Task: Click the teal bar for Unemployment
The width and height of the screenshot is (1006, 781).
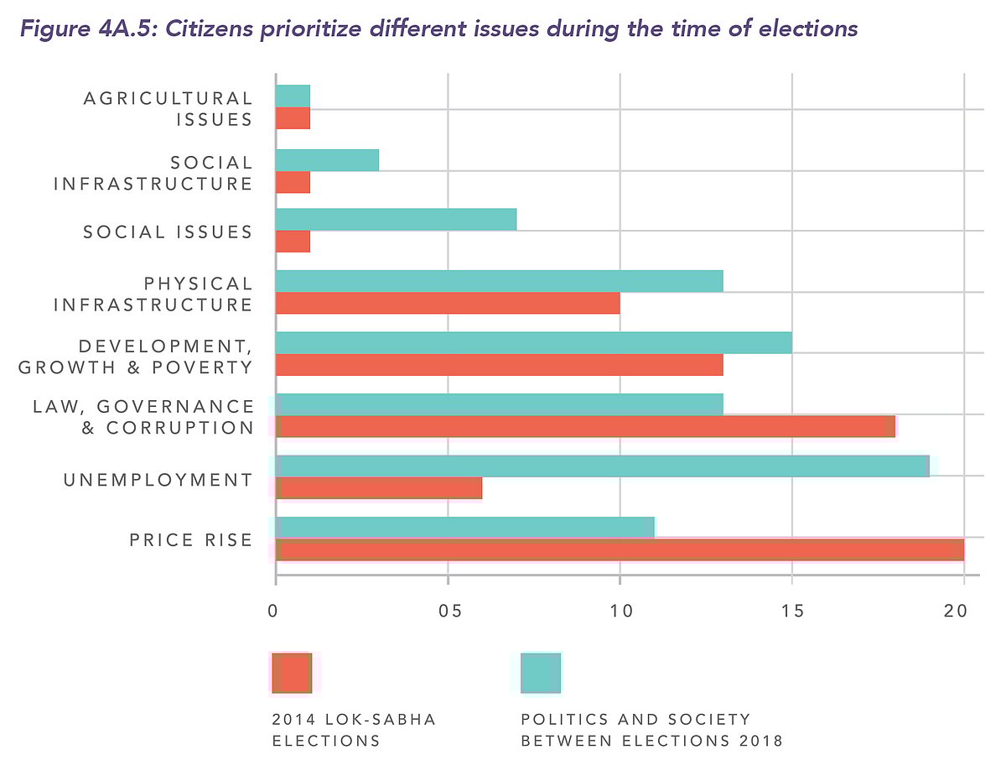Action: pyautogui.click(x=602, y=466)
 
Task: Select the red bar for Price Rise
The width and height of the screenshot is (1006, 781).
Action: pyautogui.click(x=620, y=550)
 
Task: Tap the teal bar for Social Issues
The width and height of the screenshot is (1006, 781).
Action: pyautogui.click(x=396, y=219)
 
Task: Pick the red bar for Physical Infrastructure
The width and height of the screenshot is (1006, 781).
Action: pyautogui.click(x=448, y=303)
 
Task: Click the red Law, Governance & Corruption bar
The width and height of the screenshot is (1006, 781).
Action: pyautogui.click(x=585, y=426)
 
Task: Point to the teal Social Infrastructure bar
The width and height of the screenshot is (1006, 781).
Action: pyautogui.click(x=327, y=159)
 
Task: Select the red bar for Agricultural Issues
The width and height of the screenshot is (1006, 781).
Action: pyautogui.click(x=293, y=118)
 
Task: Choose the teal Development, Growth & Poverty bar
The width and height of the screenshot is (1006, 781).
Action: pyautogui.click(x=533, y=342)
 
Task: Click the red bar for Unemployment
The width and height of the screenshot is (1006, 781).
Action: pyautogui.click(x=379, y=488)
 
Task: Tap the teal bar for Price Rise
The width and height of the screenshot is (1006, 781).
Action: pyautogui.click(x=464, y=527)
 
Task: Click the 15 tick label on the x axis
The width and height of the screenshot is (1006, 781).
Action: pyautogui.click(x=792, y=612)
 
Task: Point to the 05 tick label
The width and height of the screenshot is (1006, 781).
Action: pyautogui.click(x=448, y=612)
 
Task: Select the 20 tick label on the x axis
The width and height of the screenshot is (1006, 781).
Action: pyautogui.click(x=955, y=612)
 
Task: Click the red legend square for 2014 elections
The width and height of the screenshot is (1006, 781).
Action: pyautogui.click(x=292, y=673)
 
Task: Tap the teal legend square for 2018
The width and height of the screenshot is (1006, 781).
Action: pyautogui.click(x=541, y=673)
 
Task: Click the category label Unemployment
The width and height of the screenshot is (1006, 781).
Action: pyautogui.click(x=158, y=480)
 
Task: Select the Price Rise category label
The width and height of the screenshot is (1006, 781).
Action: pyautogui.click(x=190, y=539)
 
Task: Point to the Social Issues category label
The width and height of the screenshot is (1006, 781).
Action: pyautogui.click(x=168, y=232)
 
